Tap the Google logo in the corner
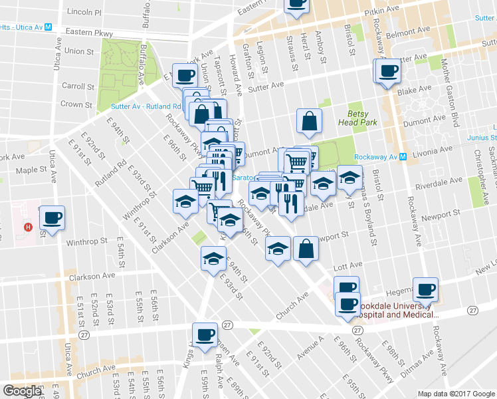(22, 391)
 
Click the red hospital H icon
(28, 227)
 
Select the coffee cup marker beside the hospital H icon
(52, 217)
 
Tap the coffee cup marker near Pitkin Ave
(296, 4)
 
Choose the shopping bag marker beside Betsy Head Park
(309, 121)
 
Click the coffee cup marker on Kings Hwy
(205, 334)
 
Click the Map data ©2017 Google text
(455, 394)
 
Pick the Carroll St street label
(78, 86)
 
